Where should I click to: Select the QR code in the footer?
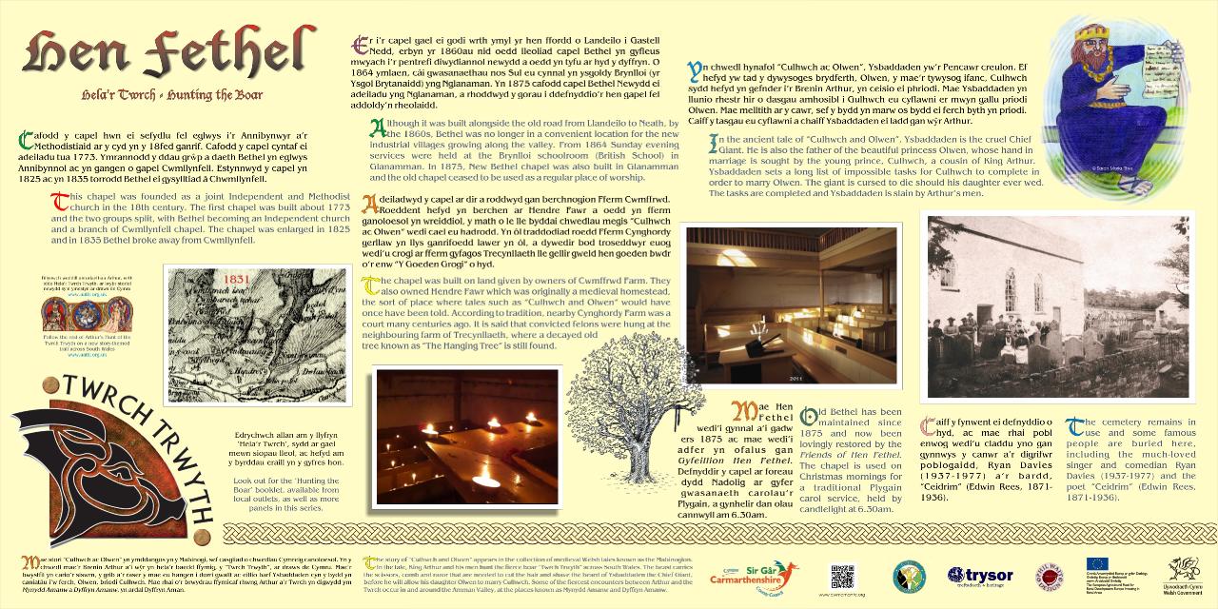tap(842, 577)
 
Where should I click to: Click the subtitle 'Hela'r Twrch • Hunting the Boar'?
tap(169, 95)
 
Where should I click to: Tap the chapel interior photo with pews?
tap(791, 304)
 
